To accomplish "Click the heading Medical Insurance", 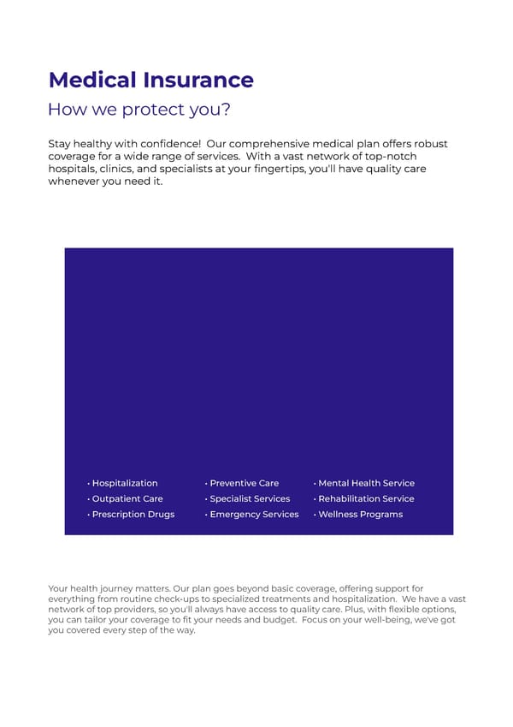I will tap(150, 80).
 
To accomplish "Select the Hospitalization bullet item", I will tap(125, 483).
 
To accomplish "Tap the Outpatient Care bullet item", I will tap(127, 498).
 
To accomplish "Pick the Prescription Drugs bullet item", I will tap(133, 514).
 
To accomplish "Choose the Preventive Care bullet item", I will tap(244, 483).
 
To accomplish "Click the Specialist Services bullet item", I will tap(250, 498).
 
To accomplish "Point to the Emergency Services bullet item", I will tap(254, 514).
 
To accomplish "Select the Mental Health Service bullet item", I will tap(366, 483).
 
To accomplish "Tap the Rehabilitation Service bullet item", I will tap(366, 498).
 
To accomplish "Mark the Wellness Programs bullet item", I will tap(360, 514).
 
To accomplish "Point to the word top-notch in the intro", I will tap(419, 157).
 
